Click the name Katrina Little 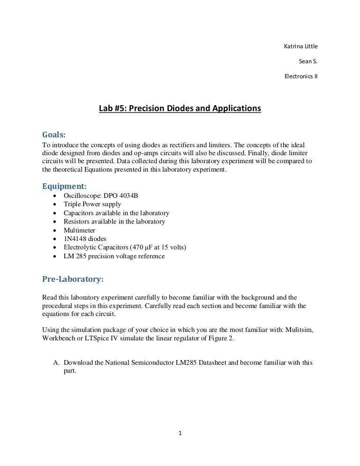[x=301, y=46]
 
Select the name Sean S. [x=308, y=61]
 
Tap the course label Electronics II [x=301, y=76]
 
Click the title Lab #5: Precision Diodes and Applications [x=180, y=109]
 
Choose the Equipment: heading [x=64, y=186]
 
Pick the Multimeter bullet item [x=79, y=230]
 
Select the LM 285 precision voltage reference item [x=114, y=256]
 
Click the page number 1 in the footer [x=180, y=433]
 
